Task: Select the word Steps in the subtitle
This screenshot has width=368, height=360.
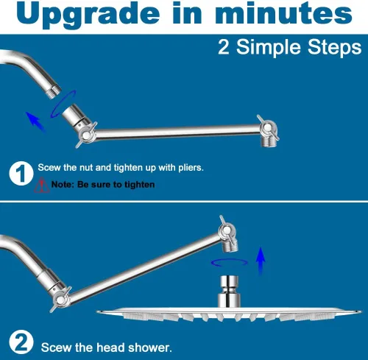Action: [335, 47]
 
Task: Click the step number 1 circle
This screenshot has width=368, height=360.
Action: [21, 174]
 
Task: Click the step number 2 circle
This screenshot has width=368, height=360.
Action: [21, 342]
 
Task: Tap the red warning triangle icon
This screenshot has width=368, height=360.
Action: [42, 185]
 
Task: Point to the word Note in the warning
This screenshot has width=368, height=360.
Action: [63, 184]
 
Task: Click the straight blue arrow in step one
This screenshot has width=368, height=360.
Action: [35, 121]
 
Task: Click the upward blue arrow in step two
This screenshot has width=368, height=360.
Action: [261, 261]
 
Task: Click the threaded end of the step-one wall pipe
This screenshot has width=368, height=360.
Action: [54, 92]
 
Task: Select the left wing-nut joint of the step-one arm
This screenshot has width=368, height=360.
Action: [86, 135]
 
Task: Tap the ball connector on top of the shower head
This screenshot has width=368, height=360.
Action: [229, 291]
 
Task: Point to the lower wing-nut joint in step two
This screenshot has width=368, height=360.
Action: [60, 300]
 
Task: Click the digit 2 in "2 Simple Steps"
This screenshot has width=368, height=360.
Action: [224, 47]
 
